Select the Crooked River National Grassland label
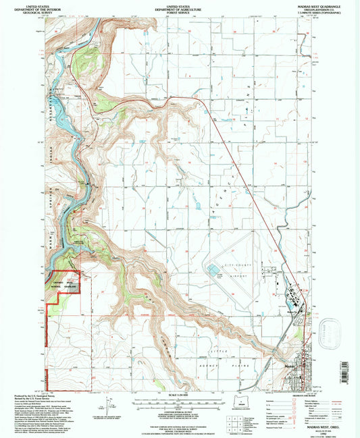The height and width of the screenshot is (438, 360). click(x=63, y=284)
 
